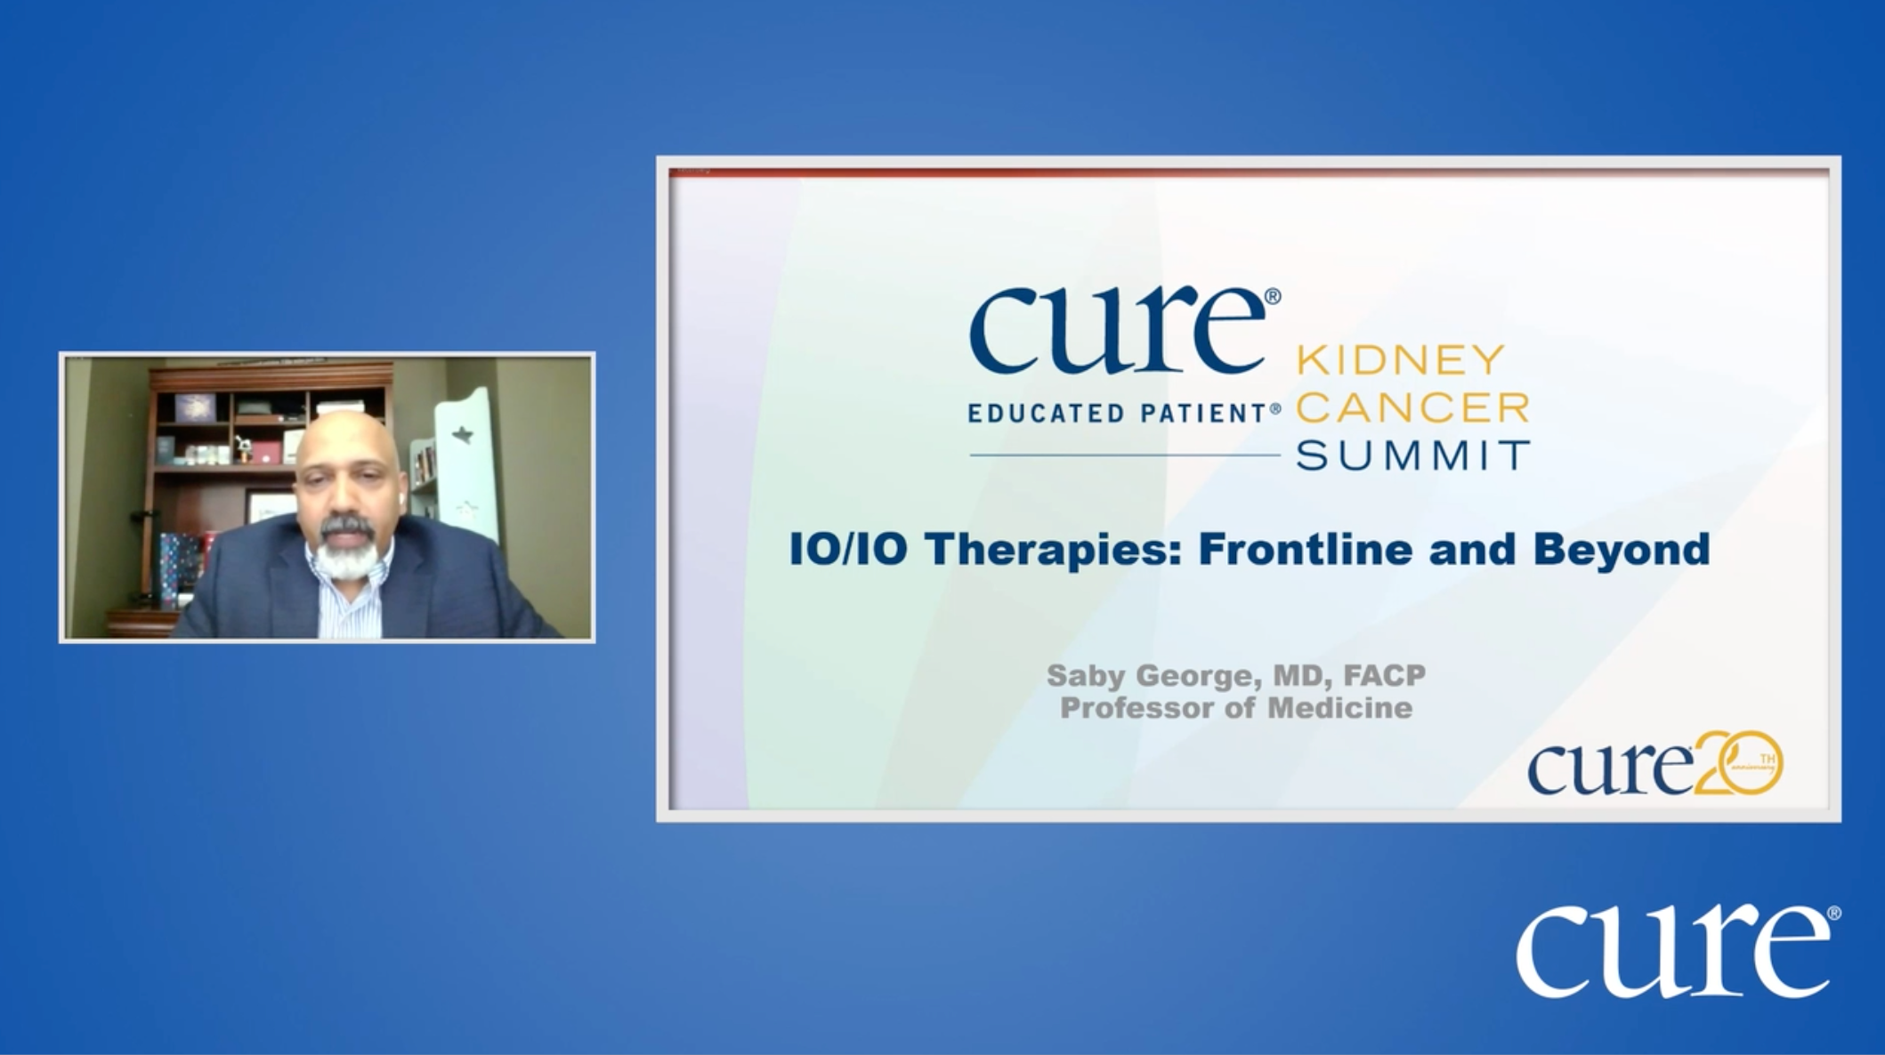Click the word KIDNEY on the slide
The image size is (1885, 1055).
click(1400, 360)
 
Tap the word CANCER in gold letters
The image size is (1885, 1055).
click(1412, 407)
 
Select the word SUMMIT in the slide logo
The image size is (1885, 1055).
click(1412, 455)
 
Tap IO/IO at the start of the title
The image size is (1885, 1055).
click(848, 550)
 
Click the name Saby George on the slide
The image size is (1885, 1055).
click(1153, 677)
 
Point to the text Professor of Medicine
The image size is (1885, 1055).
click(1236, 708)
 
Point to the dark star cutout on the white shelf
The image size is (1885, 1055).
click(461, 435)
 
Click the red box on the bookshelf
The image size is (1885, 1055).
click(265, 453)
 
